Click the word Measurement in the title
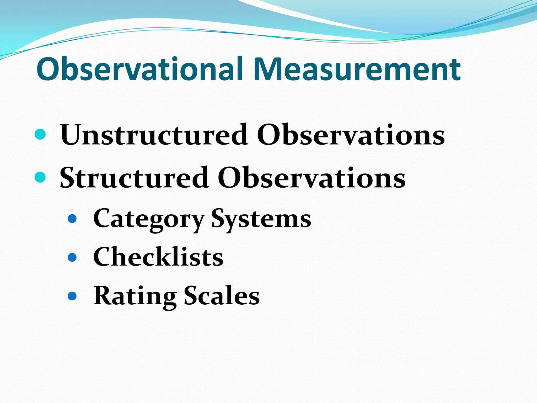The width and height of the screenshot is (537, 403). click(x=357, y=69)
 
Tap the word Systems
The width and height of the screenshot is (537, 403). click(x=261, y=219)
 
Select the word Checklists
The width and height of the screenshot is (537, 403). click(x=158, y=257)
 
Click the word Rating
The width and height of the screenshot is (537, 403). click(x=135, y=296)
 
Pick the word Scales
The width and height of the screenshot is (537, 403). click(x=222, y=296)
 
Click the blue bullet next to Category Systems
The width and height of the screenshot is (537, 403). click(x=72, y=219)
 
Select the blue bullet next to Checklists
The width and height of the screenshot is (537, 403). click(x=72, y=257)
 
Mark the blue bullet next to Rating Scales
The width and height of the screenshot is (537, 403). click(x=72, y=296)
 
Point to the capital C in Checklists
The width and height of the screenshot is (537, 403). click(x=103, y=257)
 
